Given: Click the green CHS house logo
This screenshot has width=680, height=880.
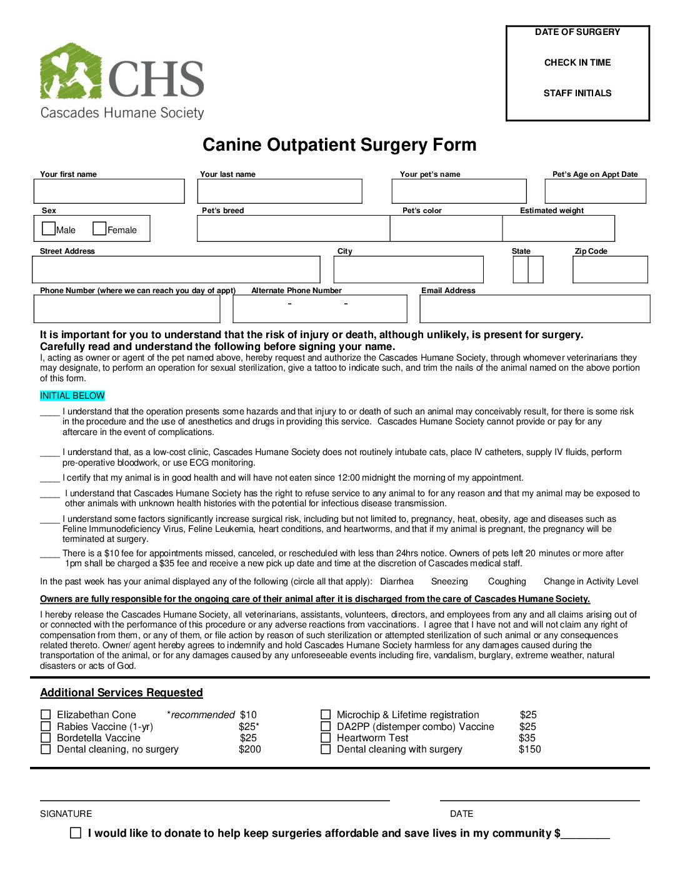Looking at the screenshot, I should tap(70, 71).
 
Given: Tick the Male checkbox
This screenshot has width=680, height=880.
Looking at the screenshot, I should tap(49, 229).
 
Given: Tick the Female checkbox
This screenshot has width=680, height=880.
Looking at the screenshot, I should tap(99, 229).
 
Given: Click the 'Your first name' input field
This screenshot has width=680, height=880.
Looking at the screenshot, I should tap(109, 191).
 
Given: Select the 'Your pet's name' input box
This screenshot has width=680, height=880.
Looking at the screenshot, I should tap(459, 191).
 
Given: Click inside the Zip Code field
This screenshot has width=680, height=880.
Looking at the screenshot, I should tap(610, 269).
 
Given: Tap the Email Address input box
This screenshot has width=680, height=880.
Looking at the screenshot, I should tap(534, 309).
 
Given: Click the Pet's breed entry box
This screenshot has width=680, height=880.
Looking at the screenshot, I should tap(293, 229).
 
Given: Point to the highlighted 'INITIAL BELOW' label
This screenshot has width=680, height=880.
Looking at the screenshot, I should tap(72, 396).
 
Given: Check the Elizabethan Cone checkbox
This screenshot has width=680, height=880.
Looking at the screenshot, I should tap(46, 714).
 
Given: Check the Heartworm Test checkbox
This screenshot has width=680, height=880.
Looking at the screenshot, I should tap(326, 737).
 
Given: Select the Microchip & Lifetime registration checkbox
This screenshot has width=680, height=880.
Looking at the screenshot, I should tap(326, 714).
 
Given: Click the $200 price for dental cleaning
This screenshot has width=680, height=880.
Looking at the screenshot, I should tap(250, 749).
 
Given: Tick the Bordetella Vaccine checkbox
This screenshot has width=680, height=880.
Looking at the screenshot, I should tap(46, 737).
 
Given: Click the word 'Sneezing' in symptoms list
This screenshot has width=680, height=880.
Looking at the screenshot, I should tap(449, 581).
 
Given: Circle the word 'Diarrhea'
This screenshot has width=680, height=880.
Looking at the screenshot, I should tap(397, 581).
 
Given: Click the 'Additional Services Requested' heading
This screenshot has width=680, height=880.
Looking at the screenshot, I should tap(121, 692).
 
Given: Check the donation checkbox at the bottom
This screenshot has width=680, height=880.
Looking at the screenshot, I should tap(76, 832).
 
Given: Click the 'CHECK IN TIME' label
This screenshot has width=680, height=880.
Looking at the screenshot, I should tap(577, 62).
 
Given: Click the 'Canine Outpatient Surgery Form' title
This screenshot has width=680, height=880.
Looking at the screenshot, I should tap(339, 145).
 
